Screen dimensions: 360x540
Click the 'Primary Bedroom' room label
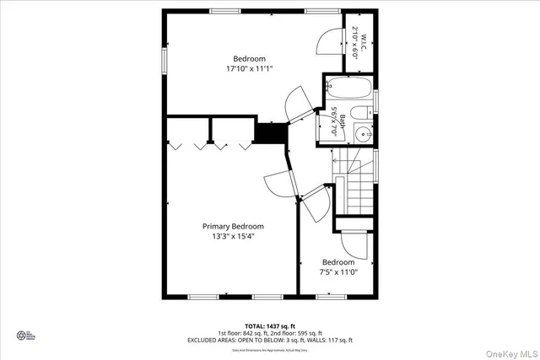[x=232, y=226]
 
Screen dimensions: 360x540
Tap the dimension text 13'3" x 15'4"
[x=232, y=237]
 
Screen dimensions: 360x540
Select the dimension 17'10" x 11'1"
[x=249, y=68]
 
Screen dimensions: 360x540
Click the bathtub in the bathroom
[x=348, y=88]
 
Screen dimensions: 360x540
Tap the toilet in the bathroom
[x=360, y=115]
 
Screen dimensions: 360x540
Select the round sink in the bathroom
[x=364, y=133]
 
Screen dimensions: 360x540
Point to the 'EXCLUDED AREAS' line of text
[x=269, y=340]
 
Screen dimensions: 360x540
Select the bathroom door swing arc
[x=300, y=105]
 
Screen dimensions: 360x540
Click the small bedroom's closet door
[x=357, y=244]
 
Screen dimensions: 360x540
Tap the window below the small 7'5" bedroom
[x=330, y=296]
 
